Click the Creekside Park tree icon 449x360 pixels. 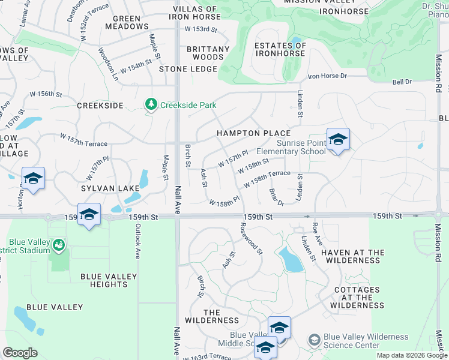[151, 105]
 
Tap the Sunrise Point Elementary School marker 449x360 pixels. [338, 140]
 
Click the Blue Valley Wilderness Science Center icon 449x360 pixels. [314, 341]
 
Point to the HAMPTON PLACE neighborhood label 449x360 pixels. [253, 133]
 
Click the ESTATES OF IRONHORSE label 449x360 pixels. [280, 49]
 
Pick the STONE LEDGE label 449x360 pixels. [188, 69]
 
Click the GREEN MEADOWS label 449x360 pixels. [127, 22]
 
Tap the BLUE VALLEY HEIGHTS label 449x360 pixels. [109, 280]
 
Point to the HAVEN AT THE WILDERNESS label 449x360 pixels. [352, 256]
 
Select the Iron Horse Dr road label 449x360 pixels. [327, 76]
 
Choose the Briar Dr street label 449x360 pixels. [276, 197]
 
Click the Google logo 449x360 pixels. [20, 353]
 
